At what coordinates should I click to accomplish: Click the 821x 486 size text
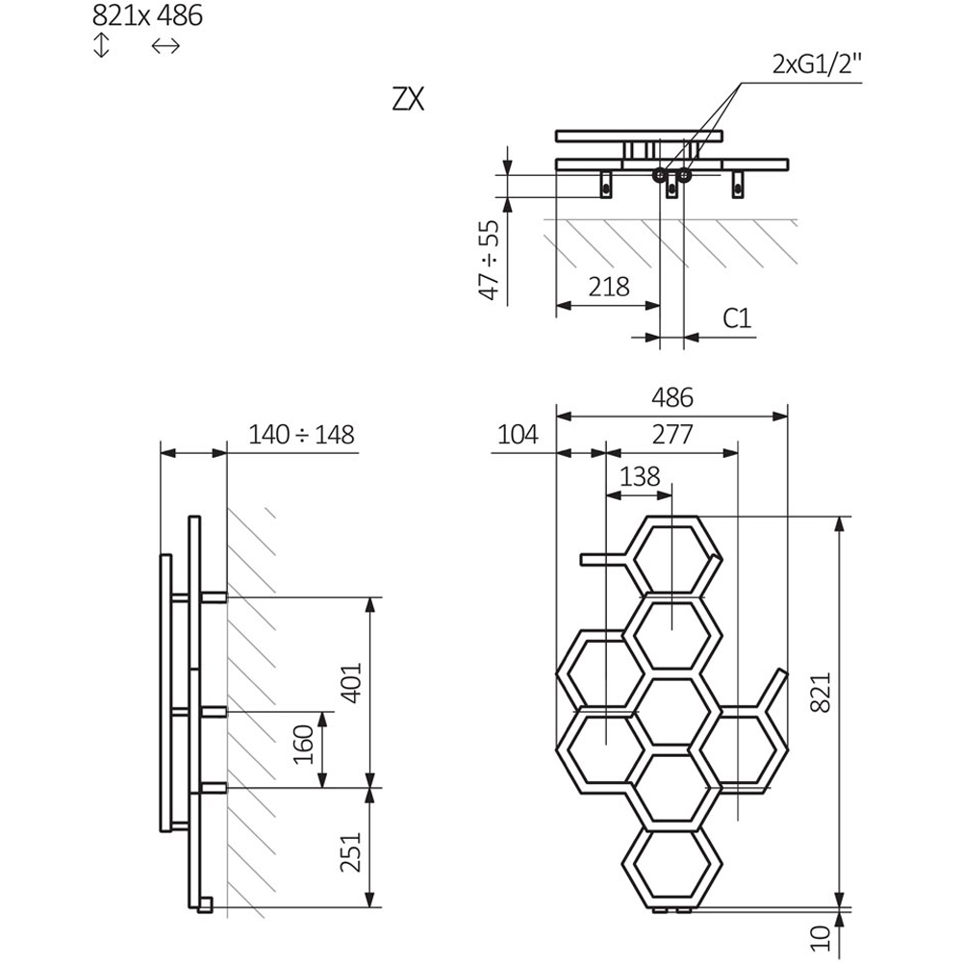coord(147,16)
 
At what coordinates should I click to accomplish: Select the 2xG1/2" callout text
coord(817,65)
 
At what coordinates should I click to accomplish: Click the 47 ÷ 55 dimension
coord(490,260)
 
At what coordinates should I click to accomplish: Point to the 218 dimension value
coord(608,286)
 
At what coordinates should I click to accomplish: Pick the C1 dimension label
coord(736,318)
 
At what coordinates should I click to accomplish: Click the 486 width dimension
coord(671,397)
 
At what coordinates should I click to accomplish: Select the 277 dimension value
coord(671,435)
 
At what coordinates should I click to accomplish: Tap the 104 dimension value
coord(519,435)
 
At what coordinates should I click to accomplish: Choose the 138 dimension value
coord(640,476)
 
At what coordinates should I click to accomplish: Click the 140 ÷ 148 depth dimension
coord(301,435)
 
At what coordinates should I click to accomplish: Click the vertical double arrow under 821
coord(102,45)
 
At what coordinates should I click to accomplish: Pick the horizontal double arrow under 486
coord(165,45)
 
